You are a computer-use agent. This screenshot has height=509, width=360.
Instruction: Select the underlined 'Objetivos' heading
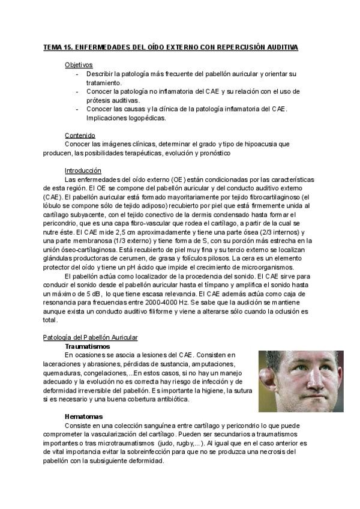[79, 65]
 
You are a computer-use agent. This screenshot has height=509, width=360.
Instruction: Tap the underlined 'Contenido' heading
[80, 135]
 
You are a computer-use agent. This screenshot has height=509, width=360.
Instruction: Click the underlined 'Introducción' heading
[83, 170]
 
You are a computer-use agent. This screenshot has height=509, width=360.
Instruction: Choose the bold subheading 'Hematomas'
[83, 416]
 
